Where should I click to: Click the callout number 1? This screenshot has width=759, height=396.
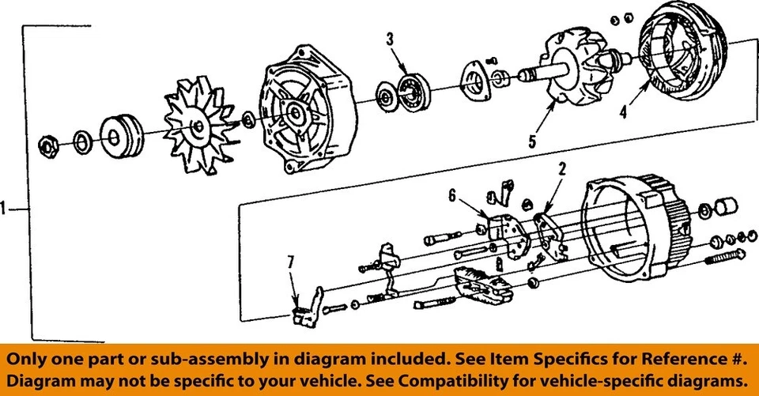tap(6, 209)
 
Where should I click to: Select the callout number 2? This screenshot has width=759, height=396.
tap(563, 168)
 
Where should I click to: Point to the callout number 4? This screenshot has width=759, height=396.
tap(624, 111)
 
